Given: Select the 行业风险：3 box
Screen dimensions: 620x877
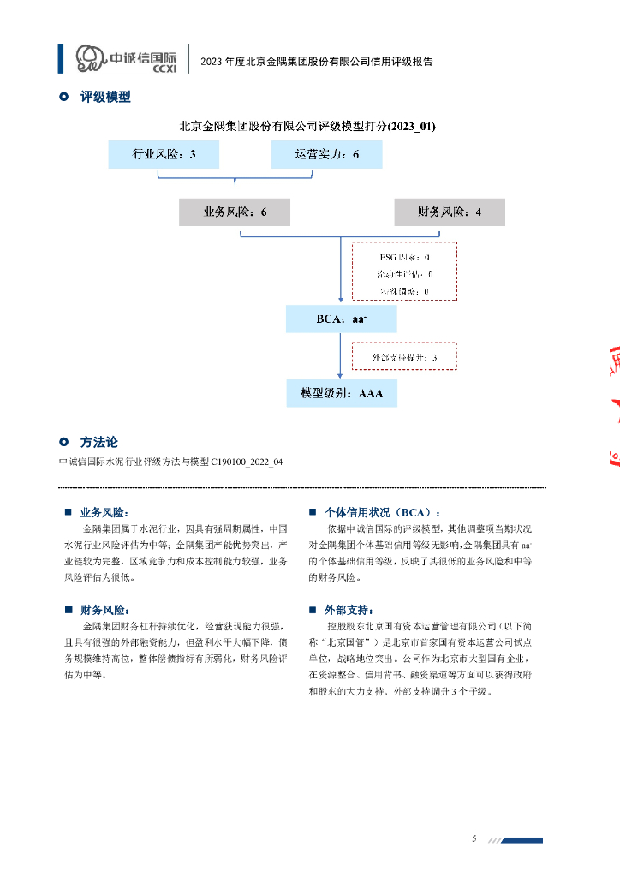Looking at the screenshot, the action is (x=164, y=154).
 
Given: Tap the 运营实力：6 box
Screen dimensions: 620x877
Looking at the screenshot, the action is (x=326, y=154).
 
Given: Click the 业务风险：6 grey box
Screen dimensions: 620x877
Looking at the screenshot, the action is (x=235, y=212).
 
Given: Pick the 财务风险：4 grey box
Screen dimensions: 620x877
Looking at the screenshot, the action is (x=450, y=212).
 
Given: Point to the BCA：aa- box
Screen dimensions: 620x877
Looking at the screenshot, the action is (x=342, y=320).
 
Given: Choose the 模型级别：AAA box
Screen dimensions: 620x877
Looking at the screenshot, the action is (x=342, y=393).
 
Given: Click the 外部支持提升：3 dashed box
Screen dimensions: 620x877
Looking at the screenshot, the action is (x=404, y=356).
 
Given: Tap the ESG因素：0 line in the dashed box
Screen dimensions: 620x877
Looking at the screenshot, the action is (x=404, y=257).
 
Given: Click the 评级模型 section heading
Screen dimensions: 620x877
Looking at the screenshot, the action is (x=105, y=97).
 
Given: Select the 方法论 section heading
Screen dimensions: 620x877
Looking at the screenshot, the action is (x=98, y=442).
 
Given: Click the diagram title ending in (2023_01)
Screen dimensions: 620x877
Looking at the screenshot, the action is (x=307, y=126).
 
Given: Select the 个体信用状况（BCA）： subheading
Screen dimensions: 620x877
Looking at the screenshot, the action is (x=382, y=512).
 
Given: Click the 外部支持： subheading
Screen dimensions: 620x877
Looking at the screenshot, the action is (x=349, y=610).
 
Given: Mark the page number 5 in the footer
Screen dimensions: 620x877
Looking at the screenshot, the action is (x=474, y=838).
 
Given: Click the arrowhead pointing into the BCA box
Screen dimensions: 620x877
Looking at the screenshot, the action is (x=342, y=301).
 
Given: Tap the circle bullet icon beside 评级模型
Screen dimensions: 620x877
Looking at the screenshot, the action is (x=63, y=97).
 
